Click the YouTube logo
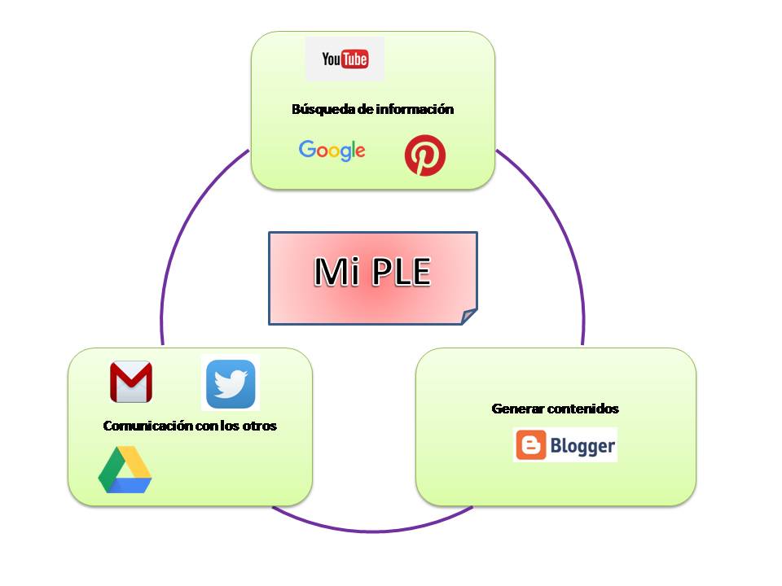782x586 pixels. tap(345, 59)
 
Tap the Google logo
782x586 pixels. tap(332, 151)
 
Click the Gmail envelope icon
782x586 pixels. tap(131, 382)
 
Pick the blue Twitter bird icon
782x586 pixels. tap(231, 383)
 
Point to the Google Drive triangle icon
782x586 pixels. tap(125, 471)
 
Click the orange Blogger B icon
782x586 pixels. tap(530, 445)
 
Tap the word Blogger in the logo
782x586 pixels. tap(581, 446)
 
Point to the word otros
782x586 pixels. tap(260, 426)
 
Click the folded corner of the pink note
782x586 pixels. tap(468, 316)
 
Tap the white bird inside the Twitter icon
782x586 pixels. tap(231, 383)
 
